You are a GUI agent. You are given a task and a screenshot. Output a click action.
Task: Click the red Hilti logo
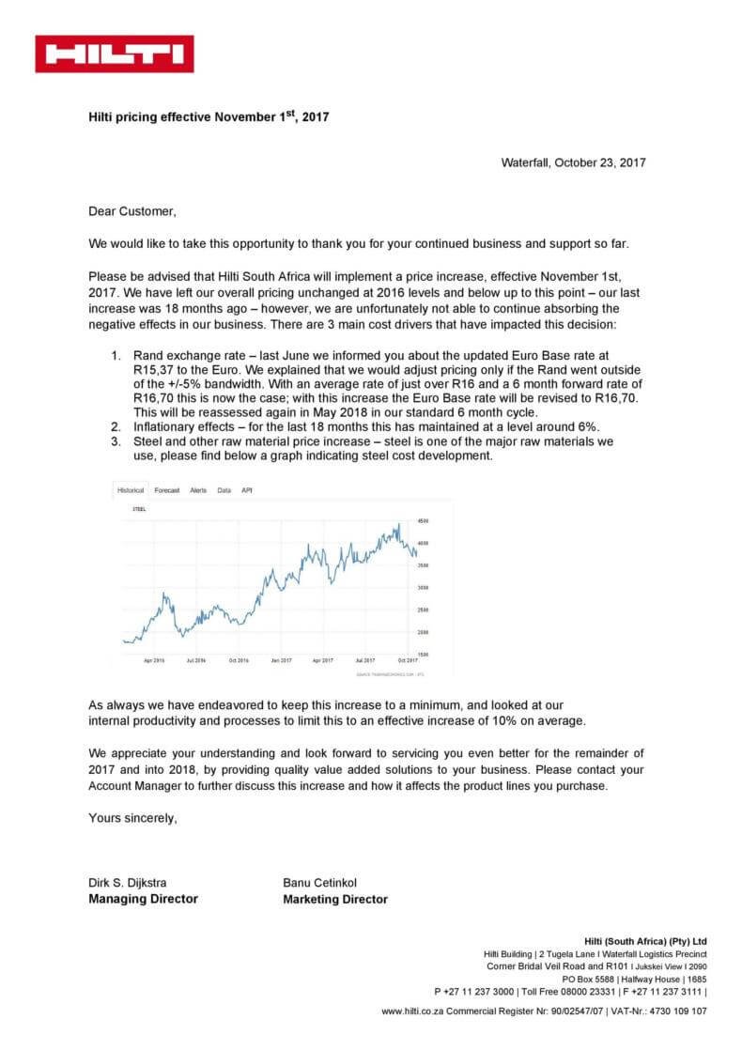tap(115, 54)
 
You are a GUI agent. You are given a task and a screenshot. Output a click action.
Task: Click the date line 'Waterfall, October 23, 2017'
tap(573, 162)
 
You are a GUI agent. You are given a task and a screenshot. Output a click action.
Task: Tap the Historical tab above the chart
tap(131, 490)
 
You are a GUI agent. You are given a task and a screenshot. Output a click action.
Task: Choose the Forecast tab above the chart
tap(167, 490)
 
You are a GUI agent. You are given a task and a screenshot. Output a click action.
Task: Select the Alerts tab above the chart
tap(198, 490)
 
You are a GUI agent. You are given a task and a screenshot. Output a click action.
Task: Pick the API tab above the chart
tap(246, 490)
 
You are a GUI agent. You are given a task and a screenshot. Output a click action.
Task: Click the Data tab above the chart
tap(224, 490)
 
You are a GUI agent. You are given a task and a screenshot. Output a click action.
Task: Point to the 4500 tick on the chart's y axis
tap(423, 520)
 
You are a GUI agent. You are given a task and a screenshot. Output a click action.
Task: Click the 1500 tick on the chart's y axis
tap(423, 655)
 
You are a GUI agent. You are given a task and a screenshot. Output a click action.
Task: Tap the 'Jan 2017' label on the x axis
tap(282, 661)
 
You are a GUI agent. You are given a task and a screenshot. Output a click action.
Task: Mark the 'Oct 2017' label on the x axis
tap(407, 661)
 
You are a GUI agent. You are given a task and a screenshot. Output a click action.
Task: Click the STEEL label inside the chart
tap(139, 508)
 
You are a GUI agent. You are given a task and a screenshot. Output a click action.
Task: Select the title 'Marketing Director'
tap(335, 899)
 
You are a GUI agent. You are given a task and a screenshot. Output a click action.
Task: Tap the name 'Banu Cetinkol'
tap(320, 882)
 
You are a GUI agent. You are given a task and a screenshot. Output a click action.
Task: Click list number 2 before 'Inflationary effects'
tap(116, 426)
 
